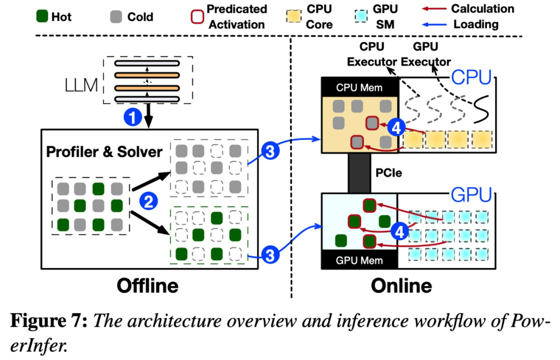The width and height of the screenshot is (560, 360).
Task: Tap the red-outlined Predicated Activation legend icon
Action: click(195, 17)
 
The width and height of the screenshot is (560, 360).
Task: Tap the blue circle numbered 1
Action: click(133, 118)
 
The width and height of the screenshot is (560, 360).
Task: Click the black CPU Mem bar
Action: click(359, 87)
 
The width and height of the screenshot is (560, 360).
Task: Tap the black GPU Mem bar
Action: click(359, 260)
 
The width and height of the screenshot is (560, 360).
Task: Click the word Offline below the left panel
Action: click(147, 285)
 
